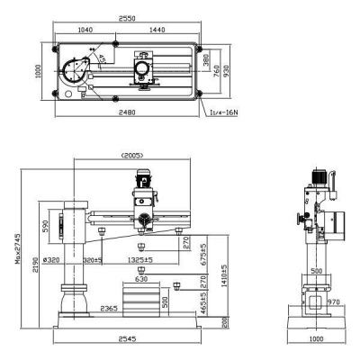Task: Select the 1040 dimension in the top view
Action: pyautogui.click(x=86, y=31)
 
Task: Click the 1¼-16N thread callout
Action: pyautogui.click(x=220, y=112)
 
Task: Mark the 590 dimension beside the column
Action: pyautogui.click(x=44, y=224)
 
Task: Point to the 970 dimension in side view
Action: pyautogui.click(x=336, y=302)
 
